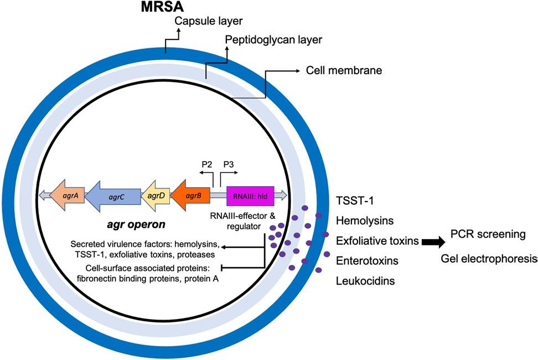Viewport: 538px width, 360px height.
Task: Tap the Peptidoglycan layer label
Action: tap(273, 40)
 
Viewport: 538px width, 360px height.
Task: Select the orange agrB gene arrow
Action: tap(190, 195)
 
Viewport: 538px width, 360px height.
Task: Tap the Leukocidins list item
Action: tap(365, 281)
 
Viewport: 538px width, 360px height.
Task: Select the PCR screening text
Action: tap(488, 235)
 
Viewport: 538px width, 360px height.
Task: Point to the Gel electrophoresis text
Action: tap(489, 259)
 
